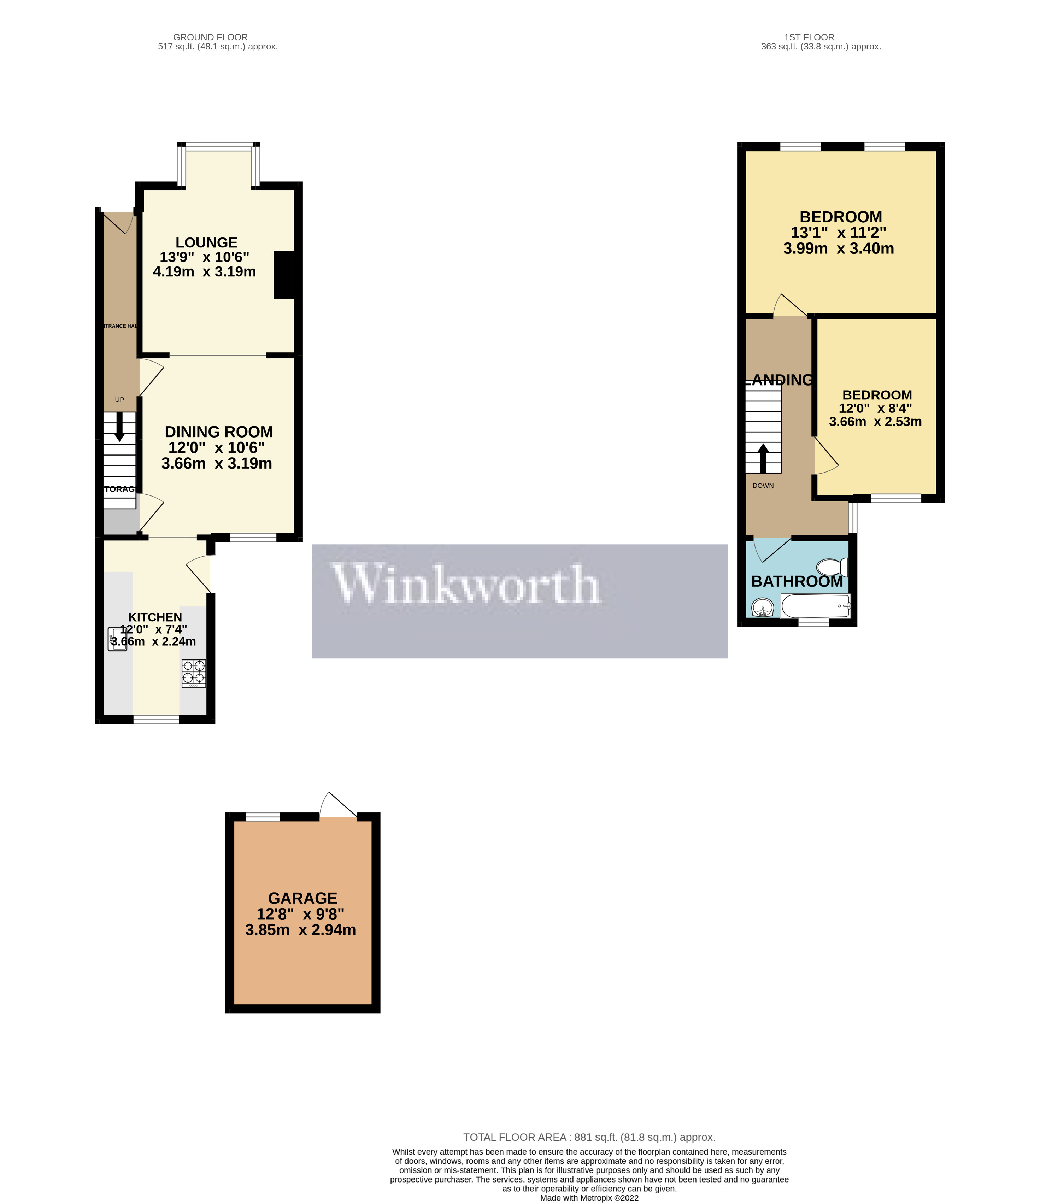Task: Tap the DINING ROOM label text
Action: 218,432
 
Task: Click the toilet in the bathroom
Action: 833,567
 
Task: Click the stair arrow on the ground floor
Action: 120,427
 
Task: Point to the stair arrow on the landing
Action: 763,458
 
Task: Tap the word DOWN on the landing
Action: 763,485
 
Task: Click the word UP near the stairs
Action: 120,399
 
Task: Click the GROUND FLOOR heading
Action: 210,37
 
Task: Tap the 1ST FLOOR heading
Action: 809,37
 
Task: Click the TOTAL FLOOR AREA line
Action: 589,1137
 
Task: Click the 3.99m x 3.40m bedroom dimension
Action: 838,248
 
